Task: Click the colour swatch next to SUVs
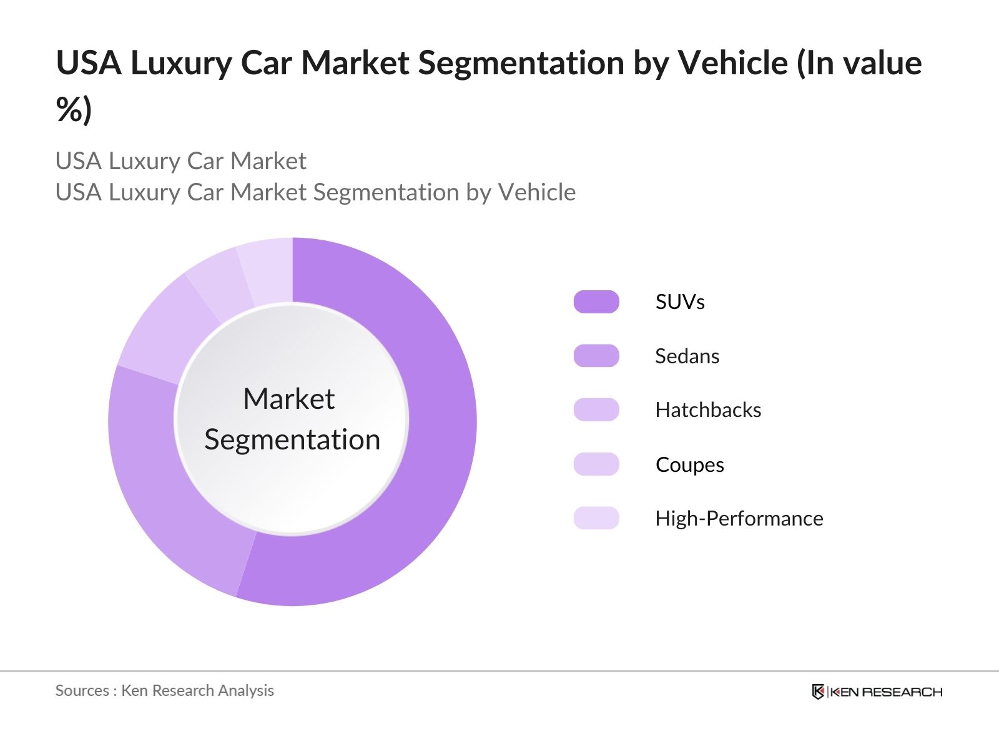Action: pos(596,301)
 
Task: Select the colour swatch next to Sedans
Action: pos(596,356)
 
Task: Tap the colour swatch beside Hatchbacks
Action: pos(596,410)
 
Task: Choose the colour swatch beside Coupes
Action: pos(596,464)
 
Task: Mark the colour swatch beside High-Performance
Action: pos(596,518)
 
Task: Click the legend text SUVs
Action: pos(680,302)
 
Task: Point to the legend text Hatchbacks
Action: pos(708,410)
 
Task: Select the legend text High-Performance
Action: pos(739,519)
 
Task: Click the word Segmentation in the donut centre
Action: pos(292,440)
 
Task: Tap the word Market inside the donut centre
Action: pos(289,399)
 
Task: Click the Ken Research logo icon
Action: pos(818,692)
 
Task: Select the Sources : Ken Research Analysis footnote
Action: pos(165,690)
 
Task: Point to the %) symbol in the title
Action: pos(74,110)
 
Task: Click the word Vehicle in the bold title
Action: pos(733,63)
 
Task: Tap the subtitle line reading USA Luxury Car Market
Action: pos(181,161)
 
